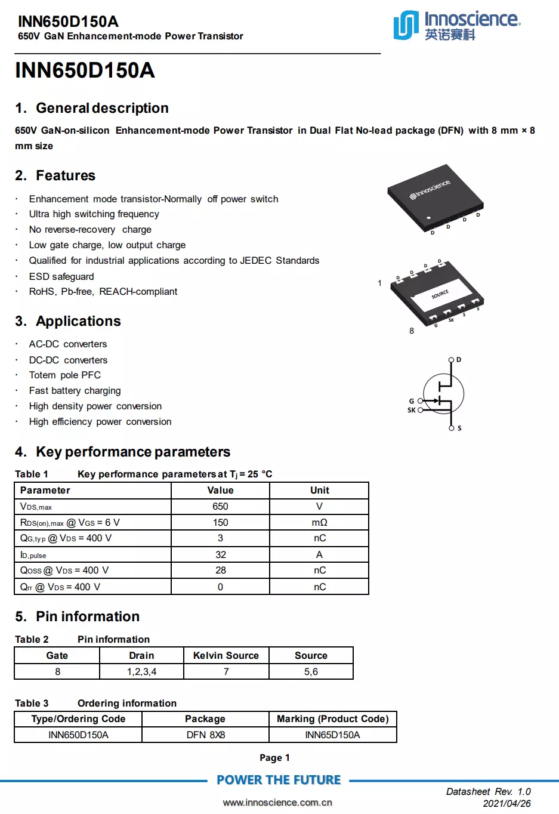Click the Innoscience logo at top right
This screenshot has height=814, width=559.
(x=456, y=25)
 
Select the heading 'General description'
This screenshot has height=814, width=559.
(x=102, y=108)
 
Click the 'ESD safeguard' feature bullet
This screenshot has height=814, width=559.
(x=61, y=276)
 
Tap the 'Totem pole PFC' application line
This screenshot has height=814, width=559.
(x=65, y=375)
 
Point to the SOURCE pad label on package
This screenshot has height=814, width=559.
(x=440, y=294)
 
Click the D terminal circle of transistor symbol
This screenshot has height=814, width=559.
(x=451, y=360)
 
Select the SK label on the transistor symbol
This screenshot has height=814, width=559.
(x=411, y=410)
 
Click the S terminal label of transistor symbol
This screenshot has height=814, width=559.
(x=459, y=428)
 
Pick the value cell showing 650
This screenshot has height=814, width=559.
(x=220, y=506)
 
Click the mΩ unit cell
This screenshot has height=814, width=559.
(x=319, y=522)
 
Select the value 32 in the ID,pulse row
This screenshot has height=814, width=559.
(x=220, y=554)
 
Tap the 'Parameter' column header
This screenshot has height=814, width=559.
(x=45, y=490)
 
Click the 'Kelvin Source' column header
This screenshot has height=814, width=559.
(x=226, y=655)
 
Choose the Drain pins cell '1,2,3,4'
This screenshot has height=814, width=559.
(x=141, y=671)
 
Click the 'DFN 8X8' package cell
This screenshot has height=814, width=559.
(x=205, y=735)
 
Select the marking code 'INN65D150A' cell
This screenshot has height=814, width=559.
(x=332, y=735)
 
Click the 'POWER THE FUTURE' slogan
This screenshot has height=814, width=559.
(x=279, y=780)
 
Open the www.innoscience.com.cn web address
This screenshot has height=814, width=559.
(x=277, y=802)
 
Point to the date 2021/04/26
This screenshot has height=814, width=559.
(x=507, y=803)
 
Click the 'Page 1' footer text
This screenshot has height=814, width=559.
(x=274, y=757)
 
